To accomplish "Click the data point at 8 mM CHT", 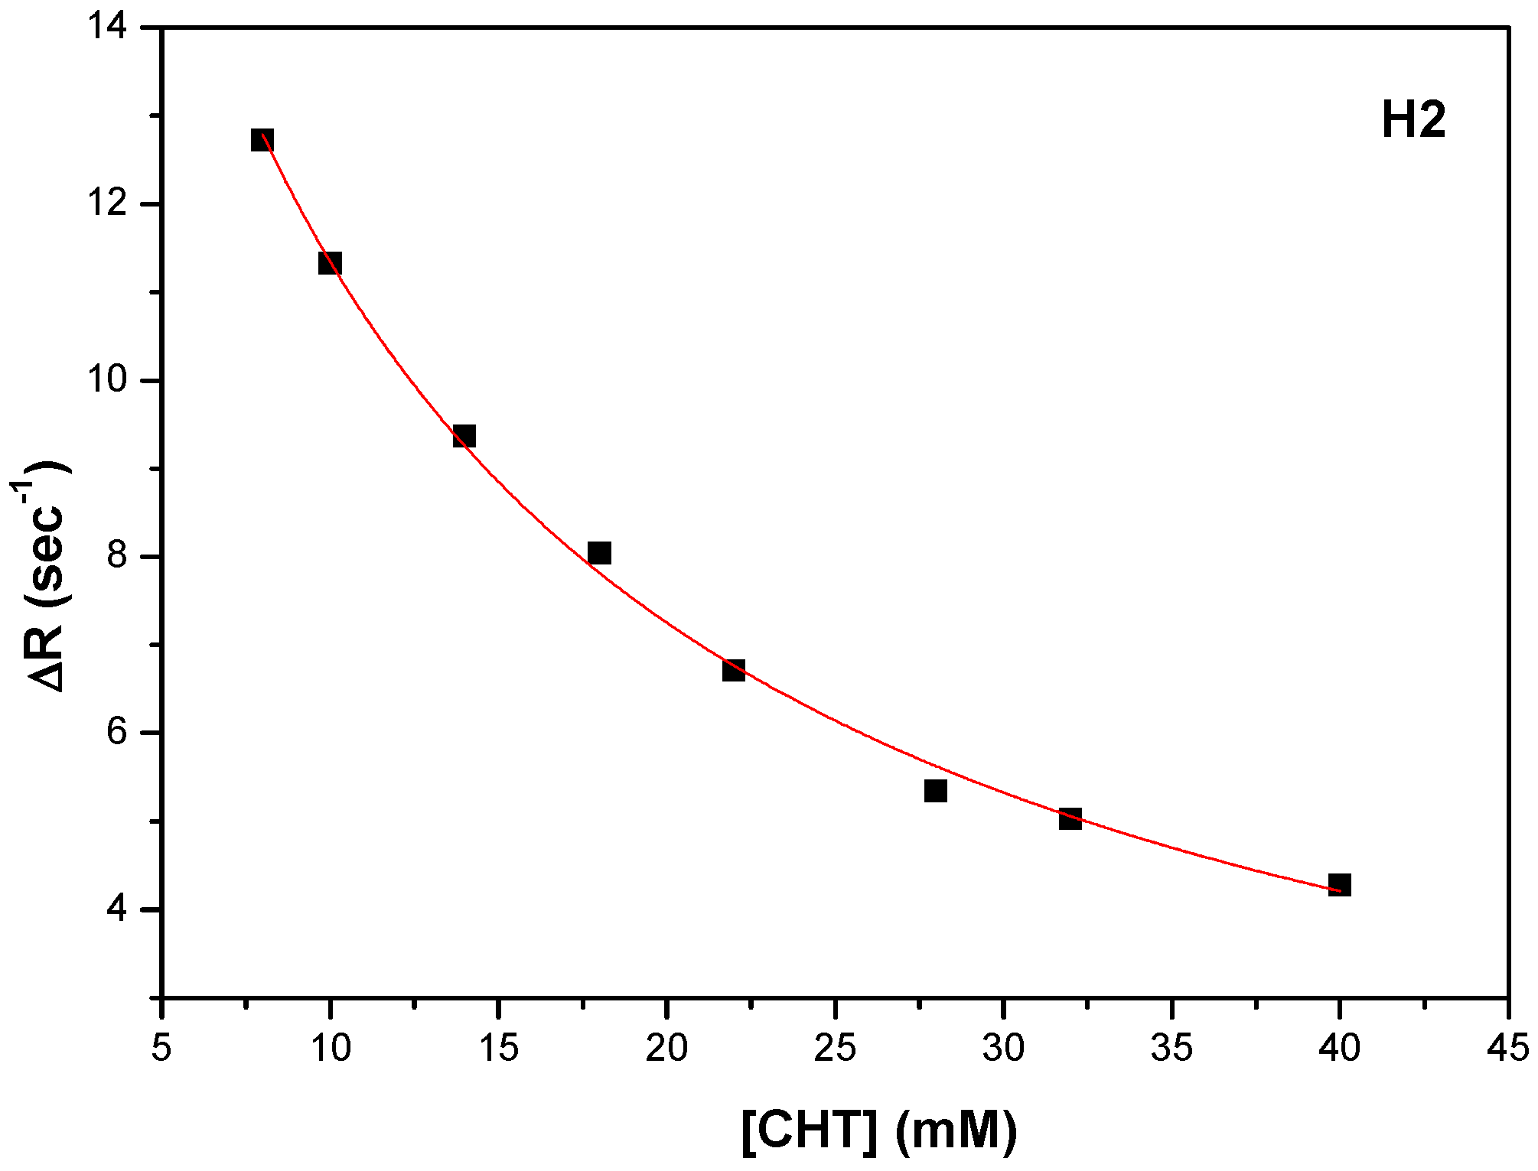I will [x=262, y=140].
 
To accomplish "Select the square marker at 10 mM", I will [x=330, y=263].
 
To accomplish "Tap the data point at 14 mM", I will [x=464, y=436].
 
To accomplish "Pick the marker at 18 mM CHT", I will [x=599, y=552].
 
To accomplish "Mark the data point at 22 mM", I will [x=734, y=670].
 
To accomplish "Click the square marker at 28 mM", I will [x=936, y=790].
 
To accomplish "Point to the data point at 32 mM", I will [x=1070, y=818].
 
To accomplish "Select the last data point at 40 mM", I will [x=1339, y=885].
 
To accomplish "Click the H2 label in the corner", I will [x=1413, y=121].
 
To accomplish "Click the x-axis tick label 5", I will [x=161, y=1048].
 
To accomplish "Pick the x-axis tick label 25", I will [x=835, y=1048].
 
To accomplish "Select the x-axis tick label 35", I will [x=1171, y=1048].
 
